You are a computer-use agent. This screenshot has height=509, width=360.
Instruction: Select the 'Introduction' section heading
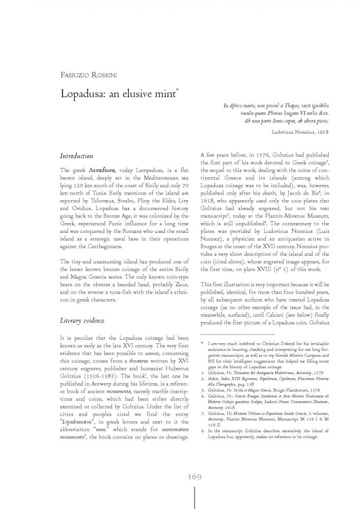(77, 156)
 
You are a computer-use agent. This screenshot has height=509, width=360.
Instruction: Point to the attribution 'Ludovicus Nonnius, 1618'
(300, 132)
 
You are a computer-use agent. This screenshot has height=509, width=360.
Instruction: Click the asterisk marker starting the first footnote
(202, 342)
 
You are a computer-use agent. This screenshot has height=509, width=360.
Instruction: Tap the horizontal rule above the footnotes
(237, 335)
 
